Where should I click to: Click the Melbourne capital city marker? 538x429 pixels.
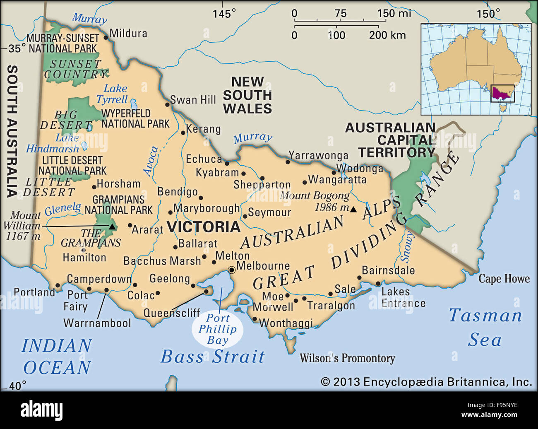click(232, 270)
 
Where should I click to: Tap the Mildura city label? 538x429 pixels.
click(128, 33)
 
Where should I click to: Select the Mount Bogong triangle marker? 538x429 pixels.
click(353, 210)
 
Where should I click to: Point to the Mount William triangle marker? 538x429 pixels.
click(112, 226)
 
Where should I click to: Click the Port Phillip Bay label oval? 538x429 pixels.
click(218, 330)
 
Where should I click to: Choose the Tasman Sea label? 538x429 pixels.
click(485, 327)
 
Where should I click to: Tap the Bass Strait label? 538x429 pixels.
click(213, 357)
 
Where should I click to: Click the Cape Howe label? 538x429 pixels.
click(504, 279)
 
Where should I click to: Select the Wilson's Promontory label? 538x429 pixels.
click(347, 358)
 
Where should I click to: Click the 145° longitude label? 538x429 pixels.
click(224, 14)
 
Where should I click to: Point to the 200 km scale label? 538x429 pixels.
click(387, 35)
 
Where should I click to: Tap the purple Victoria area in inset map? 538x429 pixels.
click(502, 93)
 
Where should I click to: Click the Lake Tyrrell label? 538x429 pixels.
click(113, 94)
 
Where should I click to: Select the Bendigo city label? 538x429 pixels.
click(178, 192)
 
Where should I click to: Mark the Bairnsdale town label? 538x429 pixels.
click(388, 270)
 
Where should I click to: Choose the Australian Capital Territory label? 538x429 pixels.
click(390, 140)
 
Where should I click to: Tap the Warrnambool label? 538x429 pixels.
click(97, 323)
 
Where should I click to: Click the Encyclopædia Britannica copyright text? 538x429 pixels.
click(426, 382)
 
